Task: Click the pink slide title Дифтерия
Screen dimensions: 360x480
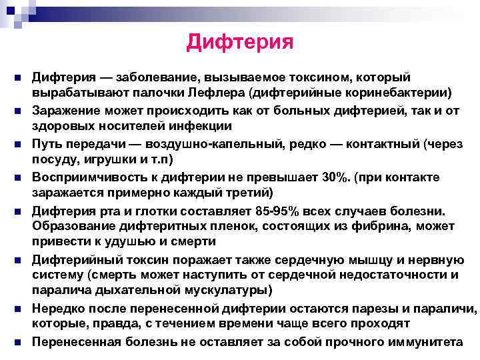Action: click(x=240, y=42)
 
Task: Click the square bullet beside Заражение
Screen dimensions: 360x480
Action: click(x=16, y=111)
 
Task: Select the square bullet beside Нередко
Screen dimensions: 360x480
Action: click(x=16, y=309)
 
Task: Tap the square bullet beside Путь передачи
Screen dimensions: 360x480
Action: click(x=16, y=144)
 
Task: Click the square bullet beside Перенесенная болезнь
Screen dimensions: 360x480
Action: click(x=16, y=342)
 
